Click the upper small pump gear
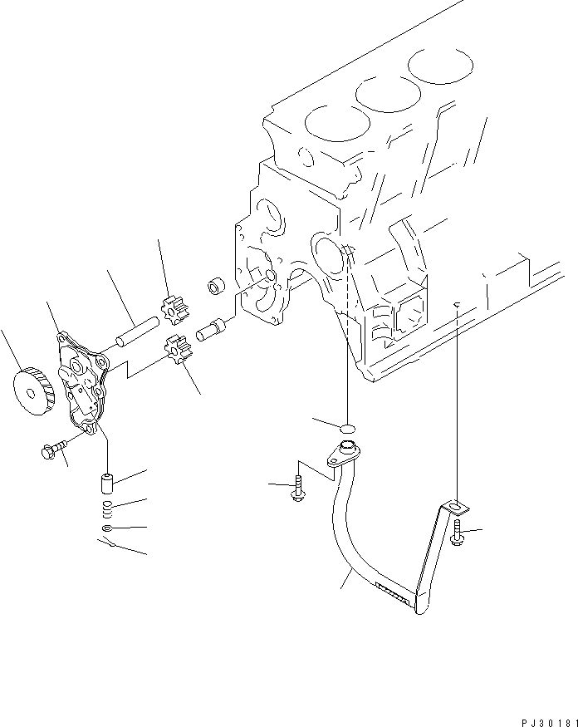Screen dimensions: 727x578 coord(175,311)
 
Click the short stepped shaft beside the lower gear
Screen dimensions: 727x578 coord(208,332)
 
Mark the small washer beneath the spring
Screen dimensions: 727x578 coord(108,528)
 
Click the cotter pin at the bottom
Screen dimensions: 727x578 coord(105,545)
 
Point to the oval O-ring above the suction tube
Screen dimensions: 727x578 coord(348,427)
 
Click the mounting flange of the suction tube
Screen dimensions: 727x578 coord(342,453)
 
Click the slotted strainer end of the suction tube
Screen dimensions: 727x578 coord(393,592)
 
